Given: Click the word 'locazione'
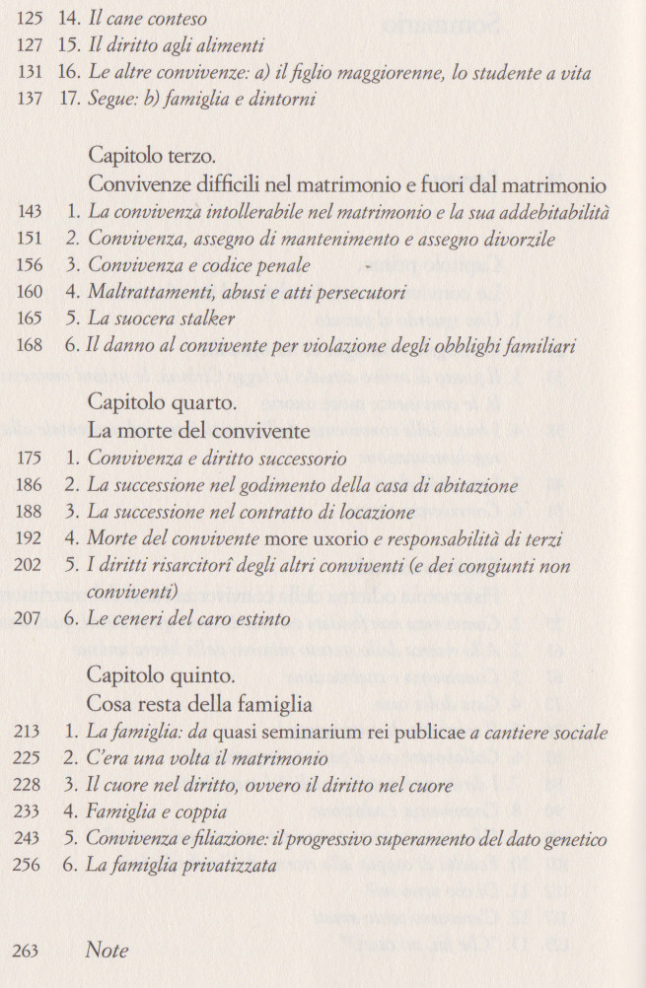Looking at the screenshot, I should (372, 512).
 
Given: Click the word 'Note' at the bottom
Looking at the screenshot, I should (107, 951).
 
